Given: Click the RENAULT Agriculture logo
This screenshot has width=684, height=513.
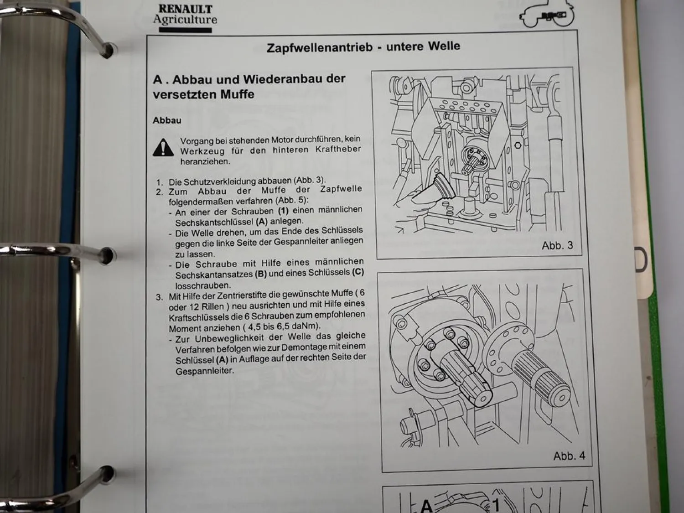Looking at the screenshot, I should [185, 17].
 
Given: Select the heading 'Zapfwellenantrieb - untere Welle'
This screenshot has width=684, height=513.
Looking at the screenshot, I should [363, 47].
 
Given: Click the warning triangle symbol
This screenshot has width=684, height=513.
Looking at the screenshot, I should [163, 148].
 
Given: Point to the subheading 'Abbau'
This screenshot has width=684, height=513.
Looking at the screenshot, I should [167, 120].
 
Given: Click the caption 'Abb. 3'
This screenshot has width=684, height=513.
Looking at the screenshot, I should [557, 245].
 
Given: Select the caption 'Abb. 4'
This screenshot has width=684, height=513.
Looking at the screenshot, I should [569, 456].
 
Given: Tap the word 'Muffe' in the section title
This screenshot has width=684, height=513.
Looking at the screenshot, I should [237, 94].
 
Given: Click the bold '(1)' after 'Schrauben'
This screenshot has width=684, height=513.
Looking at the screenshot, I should [284, 211].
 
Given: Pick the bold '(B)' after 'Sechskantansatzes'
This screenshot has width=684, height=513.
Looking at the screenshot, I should [261, 275].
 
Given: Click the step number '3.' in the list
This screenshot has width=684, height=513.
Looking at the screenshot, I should [159, 297].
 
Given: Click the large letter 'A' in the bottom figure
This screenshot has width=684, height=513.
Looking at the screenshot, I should [426, 505].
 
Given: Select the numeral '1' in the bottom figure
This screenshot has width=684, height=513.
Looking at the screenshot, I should [497, 504].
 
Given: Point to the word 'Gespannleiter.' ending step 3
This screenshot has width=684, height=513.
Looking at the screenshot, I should [204, 371].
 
